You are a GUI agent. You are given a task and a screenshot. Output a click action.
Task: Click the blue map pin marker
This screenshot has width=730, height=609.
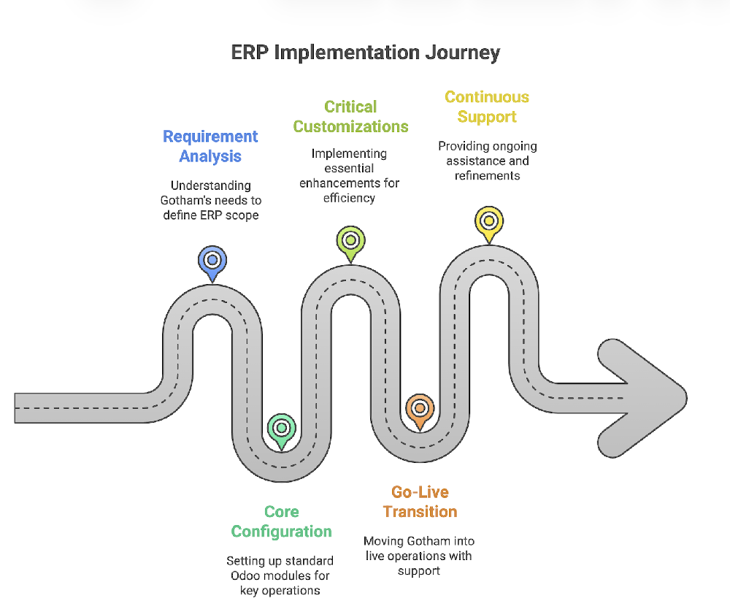[212, 260]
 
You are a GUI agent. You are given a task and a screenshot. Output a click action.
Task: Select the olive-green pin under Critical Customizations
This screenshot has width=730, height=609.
[350, 240]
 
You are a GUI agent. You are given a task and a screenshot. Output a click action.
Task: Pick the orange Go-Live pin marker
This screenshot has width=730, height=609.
[419, 409]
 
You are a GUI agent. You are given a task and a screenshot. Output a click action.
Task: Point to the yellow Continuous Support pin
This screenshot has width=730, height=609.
[488, 221]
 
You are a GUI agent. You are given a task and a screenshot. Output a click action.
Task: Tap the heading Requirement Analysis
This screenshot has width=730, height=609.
[210, 146]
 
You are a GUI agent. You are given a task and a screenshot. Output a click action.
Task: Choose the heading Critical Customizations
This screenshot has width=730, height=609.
[350, 117]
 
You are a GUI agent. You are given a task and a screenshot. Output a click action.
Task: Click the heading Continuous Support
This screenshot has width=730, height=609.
[487, 107]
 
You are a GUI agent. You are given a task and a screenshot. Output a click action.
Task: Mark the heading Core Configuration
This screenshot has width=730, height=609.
[282, 521]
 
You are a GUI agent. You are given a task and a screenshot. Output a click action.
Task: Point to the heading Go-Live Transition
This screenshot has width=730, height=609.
[420, 502]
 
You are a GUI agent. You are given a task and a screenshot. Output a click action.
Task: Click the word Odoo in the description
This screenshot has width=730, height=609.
[247, 575]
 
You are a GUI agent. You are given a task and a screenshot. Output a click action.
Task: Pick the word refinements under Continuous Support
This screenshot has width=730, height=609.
[488, 175]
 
